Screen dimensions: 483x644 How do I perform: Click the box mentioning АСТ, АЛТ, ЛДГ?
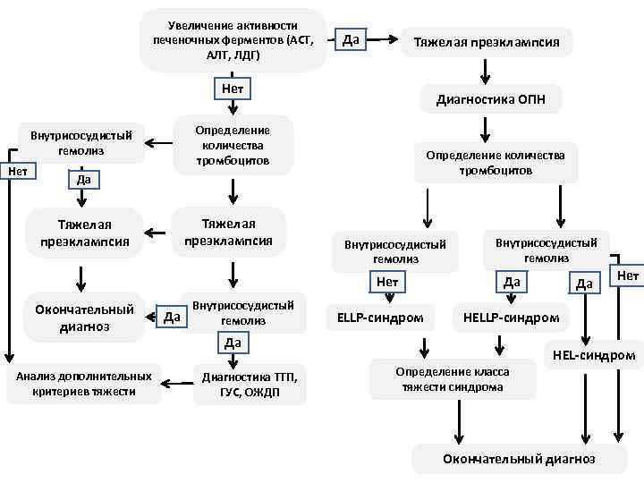(233, 40)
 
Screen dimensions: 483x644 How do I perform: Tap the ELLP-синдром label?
(381, 318)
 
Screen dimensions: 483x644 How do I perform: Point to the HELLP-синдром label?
(511, 318)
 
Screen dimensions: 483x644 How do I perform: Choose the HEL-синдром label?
(593, 355)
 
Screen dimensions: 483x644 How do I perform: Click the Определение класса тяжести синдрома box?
(455, 379)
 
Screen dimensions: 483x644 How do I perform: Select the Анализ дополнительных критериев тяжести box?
(82, 383)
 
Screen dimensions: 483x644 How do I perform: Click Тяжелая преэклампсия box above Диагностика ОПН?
(486, 42)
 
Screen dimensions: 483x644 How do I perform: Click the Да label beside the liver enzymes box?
(351, 38)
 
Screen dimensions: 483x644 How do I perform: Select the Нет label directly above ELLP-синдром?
(387, 283)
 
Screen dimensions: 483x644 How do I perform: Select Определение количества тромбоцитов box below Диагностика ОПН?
(495, 162)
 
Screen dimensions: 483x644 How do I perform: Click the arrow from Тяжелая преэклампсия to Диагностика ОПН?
(486, 71)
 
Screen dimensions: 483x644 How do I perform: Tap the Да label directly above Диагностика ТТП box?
(233, 343)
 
